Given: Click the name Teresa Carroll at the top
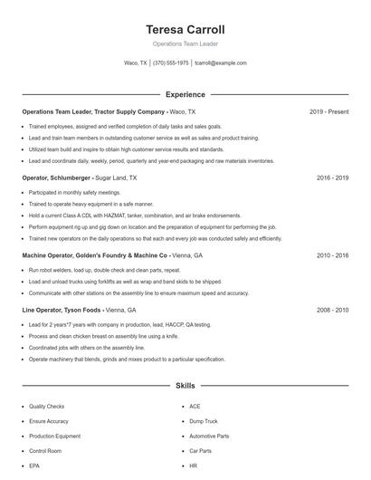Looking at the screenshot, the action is coord(185,29).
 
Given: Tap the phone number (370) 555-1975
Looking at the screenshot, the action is coord(171,63).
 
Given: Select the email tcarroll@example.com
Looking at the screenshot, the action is coord(221,63).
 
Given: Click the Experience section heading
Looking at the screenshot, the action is coord(185,94).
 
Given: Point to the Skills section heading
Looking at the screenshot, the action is coord(185,386).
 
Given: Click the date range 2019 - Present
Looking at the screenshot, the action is coord(328,111).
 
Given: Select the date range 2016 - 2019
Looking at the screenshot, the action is coord(333,178).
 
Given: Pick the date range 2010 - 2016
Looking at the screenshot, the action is coord(333,256).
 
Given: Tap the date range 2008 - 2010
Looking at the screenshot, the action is coord(333,310).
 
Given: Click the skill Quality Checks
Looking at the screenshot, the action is coord(46,407).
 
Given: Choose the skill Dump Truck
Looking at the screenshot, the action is coord(204,421).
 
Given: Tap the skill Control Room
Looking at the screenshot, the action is coord(44,450).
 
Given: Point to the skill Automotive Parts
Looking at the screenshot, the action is coord(209,436).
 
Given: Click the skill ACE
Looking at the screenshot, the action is coord(195,407).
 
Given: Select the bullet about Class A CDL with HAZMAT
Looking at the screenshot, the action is coord(122,216).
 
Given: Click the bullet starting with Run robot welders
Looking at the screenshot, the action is coord(104,270).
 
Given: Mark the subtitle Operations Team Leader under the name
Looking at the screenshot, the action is coord(185,43).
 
